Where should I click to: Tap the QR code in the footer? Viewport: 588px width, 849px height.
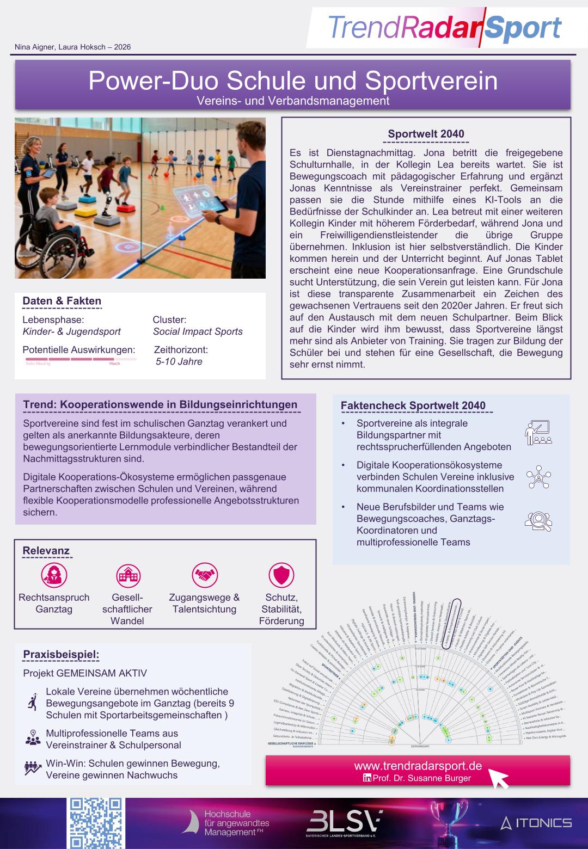point(96,823)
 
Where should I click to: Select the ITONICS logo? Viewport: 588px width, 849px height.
point(536,822)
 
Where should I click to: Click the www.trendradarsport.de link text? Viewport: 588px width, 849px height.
point(418,766)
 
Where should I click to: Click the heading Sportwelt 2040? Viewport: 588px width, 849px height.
point(426,134)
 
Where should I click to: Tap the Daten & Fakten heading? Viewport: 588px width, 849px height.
point(62,301)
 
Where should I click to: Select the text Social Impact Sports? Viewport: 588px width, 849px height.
point(198,331)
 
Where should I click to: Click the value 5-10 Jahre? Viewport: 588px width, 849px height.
point(179,361)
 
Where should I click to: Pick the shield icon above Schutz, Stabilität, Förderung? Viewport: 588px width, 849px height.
point(281,575)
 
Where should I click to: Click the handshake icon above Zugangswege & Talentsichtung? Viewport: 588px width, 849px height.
point(205,575)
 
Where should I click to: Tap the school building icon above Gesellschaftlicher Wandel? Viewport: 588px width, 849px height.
point(128,575)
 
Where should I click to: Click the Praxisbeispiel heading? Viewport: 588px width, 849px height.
point(61,654)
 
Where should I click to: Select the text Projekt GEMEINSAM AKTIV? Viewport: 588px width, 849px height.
point(85,673)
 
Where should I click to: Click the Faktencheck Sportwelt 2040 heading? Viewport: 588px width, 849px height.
point(413,405)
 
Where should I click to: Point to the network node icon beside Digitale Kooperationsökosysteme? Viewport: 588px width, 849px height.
point(538,477)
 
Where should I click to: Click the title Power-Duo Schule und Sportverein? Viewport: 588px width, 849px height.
point(293,81)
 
